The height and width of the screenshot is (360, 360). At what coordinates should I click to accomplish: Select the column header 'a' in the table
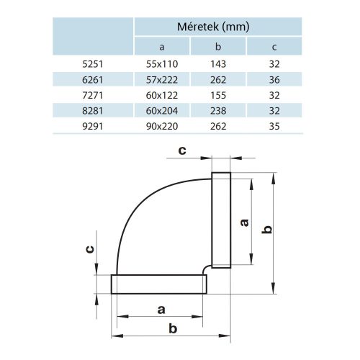pos(161,48)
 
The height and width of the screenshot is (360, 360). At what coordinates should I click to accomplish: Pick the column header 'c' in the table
pos(274,48)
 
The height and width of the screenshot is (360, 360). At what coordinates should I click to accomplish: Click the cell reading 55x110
pos(161,64)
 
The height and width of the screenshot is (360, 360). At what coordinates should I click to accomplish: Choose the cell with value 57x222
pos(161,79)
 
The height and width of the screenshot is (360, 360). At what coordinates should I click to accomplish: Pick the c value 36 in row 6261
pos(274,79)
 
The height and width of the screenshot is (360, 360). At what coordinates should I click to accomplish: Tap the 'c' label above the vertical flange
pos(182,150)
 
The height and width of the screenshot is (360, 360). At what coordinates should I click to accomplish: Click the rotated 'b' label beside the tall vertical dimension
pos(266,229)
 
